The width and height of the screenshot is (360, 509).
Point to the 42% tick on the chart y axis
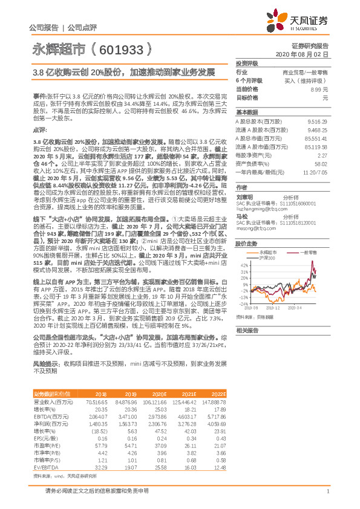[243, 265]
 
